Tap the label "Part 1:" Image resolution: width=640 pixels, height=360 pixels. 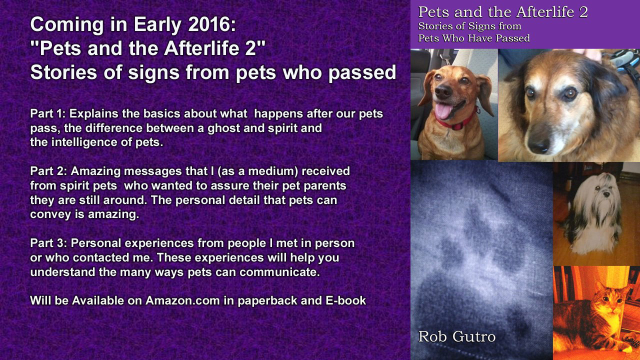tap(48, 113)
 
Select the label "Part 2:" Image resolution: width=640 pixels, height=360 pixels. tap(48, 171)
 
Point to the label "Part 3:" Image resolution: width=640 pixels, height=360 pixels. tap(48, 243)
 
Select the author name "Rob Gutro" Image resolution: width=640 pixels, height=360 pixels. tap(456, 336)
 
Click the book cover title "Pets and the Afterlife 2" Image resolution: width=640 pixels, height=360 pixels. tap(502, 11)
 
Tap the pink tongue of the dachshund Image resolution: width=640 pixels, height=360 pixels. tap(442, 111)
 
